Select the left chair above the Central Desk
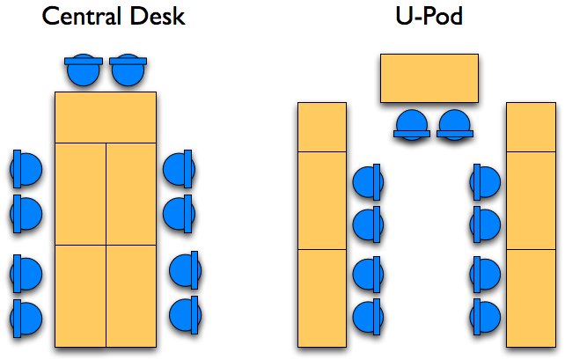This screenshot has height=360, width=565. pos(84,70)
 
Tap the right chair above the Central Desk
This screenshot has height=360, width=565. pos(128,70)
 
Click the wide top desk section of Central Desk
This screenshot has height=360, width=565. pos(106,116)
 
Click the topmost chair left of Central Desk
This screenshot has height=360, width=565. pos(26,169)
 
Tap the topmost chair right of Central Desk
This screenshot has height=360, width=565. pos(179,169)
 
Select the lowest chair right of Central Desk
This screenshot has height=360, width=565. pos(185,313)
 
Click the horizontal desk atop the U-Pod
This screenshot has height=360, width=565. pos(429,78)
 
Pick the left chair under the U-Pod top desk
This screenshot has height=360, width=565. pos(411,124)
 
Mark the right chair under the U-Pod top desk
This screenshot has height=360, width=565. pos(454,124)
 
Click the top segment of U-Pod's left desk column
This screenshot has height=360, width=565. pos(322,128)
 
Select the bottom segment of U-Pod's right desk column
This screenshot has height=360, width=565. pos(531,298)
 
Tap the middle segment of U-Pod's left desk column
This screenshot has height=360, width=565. pos(322,201)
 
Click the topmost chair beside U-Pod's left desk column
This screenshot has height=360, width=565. pos(367,182)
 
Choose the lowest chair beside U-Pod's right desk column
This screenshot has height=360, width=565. pos(485,314)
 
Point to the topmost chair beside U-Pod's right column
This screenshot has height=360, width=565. pos(485,182)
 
